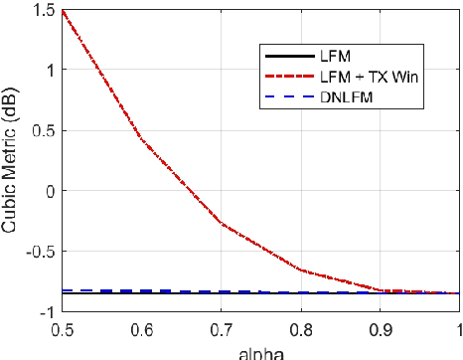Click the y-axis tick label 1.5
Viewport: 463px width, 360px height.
[x=44, y=11]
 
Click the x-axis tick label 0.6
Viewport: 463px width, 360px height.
[x=140, y=326]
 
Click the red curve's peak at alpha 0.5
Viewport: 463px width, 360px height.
[x=62, y=11]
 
